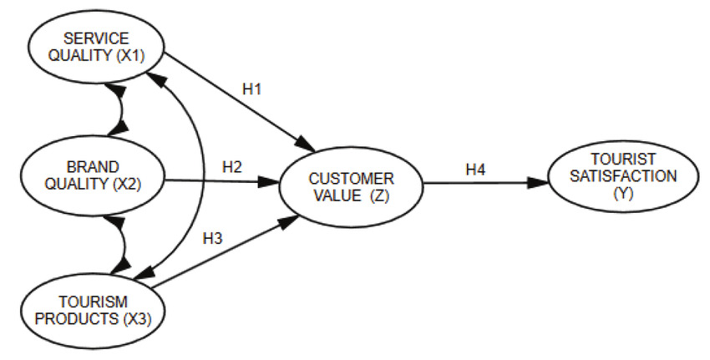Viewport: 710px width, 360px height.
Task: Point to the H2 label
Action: pos(232,166)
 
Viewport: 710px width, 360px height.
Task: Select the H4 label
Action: pos(475,170)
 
